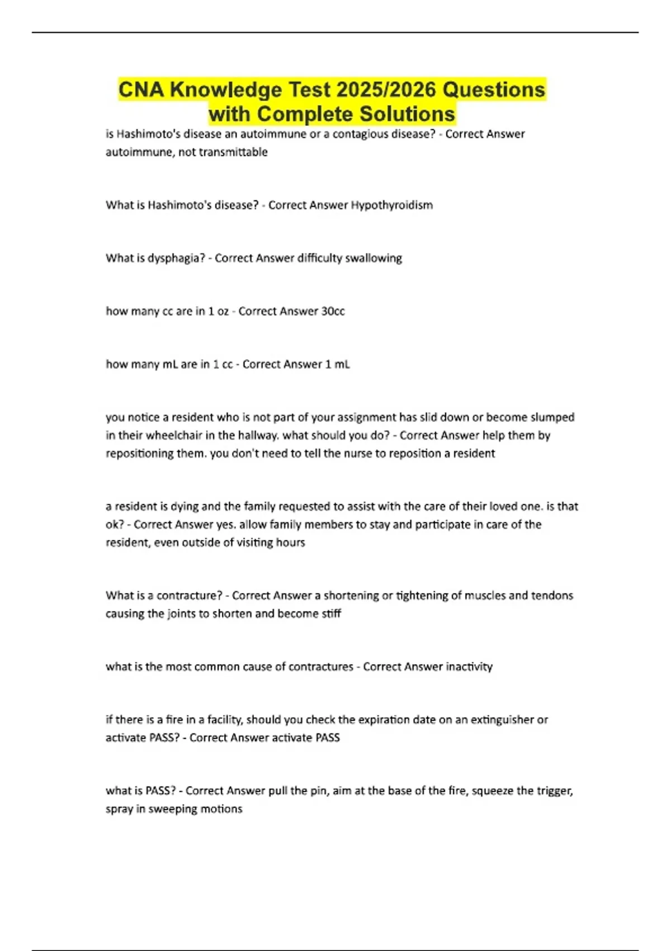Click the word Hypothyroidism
click(391, 205)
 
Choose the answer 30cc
click(333, 312)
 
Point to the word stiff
click(331, 614)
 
